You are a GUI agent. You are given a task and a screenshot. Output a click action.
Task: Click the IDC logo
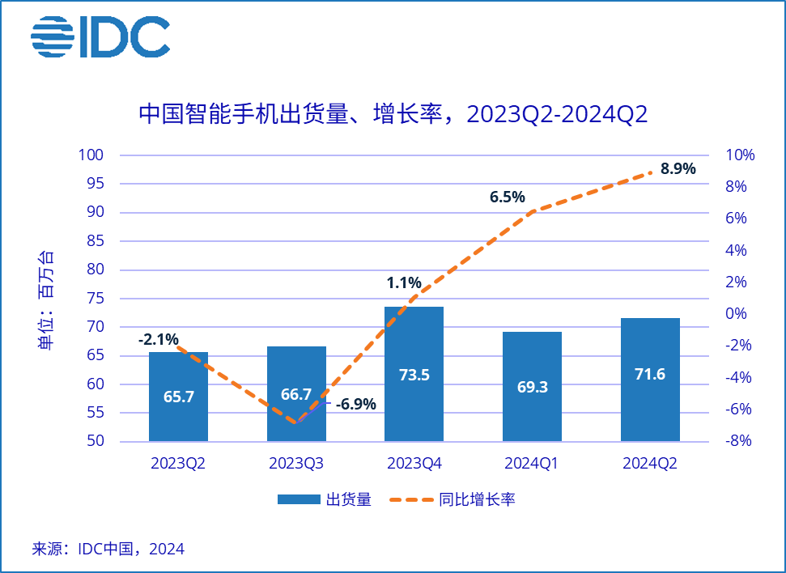click(x=100, y=36)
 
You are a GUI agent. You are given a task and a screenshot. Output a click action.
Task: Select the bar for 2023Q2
click(x=179, y=405)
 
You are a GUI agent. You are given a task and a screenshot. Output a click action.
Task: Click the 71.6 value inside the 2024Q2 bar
click(x=650, y=374)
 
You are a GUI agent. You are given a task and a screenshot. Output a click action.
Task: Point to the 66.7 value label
click(x=296, y=394)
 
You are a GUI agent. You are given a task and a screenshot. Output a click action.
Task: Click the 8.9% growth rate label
click(x=678, y=169)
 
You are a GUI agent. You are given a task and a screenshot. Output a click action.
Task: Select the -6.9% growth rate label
click(x=355, y=404)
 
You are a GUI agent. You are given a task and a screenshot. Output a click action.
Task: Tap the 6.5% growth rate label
click(x=507, y=197)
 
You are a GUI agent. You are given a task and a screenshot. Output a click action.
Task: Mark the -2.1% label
click(x=158, y=340)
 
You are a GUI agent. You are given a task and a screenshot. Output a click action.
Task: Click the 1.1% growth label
click(x=404, y=283)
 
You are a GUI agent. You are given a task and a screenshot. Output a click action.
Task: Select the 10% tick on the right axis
click(x=740, y=155)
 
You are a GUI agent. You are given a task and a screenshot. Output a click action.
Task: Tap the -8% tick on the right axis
click(x=740, y=441)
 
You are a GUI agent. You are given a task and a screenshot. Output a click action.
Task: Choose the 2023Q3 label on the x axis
click(x=297, y=464)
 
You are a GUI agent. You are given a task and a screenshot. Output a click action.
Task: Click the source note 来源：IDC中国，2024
click(x=108, y=550)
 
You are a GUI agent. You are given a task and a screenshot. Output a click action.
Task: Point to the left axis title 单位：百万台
click(x=48, y=299)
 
